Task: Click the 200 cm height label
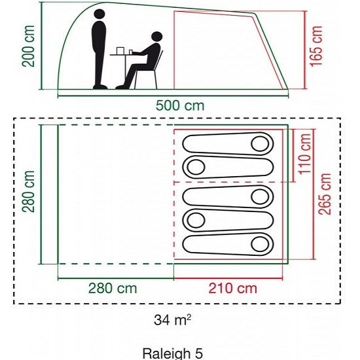28,46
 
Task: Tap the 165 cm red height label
316,46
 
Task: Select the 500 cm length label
180,105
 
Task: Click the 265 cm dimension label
325,194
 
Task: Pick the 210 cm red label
232,289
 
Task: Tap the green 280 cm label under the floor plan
113,289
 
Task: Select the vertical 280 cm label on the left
28,192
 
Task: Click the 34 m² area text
172,320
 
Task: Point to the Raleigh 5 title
173,353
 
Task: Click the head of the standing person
99,14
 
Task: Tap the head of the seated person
157,37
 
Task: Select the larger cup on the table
120,51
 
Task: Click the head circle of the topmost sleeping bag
260,144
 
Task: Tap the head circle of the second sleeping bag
196,167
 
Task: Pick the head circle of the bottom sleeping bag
260,244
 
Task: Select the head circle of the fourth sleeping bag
196,220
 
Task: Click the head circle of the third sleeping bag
260,196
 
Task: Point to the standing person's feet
100,87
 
